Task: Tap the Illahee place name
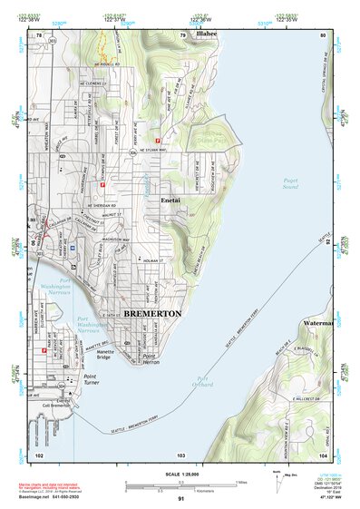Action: [207, 34]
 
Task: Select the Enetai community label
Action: [172, 199]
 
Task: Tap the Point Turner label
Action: [95, 377]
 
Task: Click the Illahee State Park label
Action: [211, 136]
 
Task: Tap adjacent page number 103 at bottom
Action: [180, 454]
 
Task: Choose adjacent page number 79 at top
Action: [182, 35]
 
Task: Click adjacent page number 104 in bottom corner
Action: [324, 454]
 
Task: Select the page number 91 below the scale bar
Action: [180, 498]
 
